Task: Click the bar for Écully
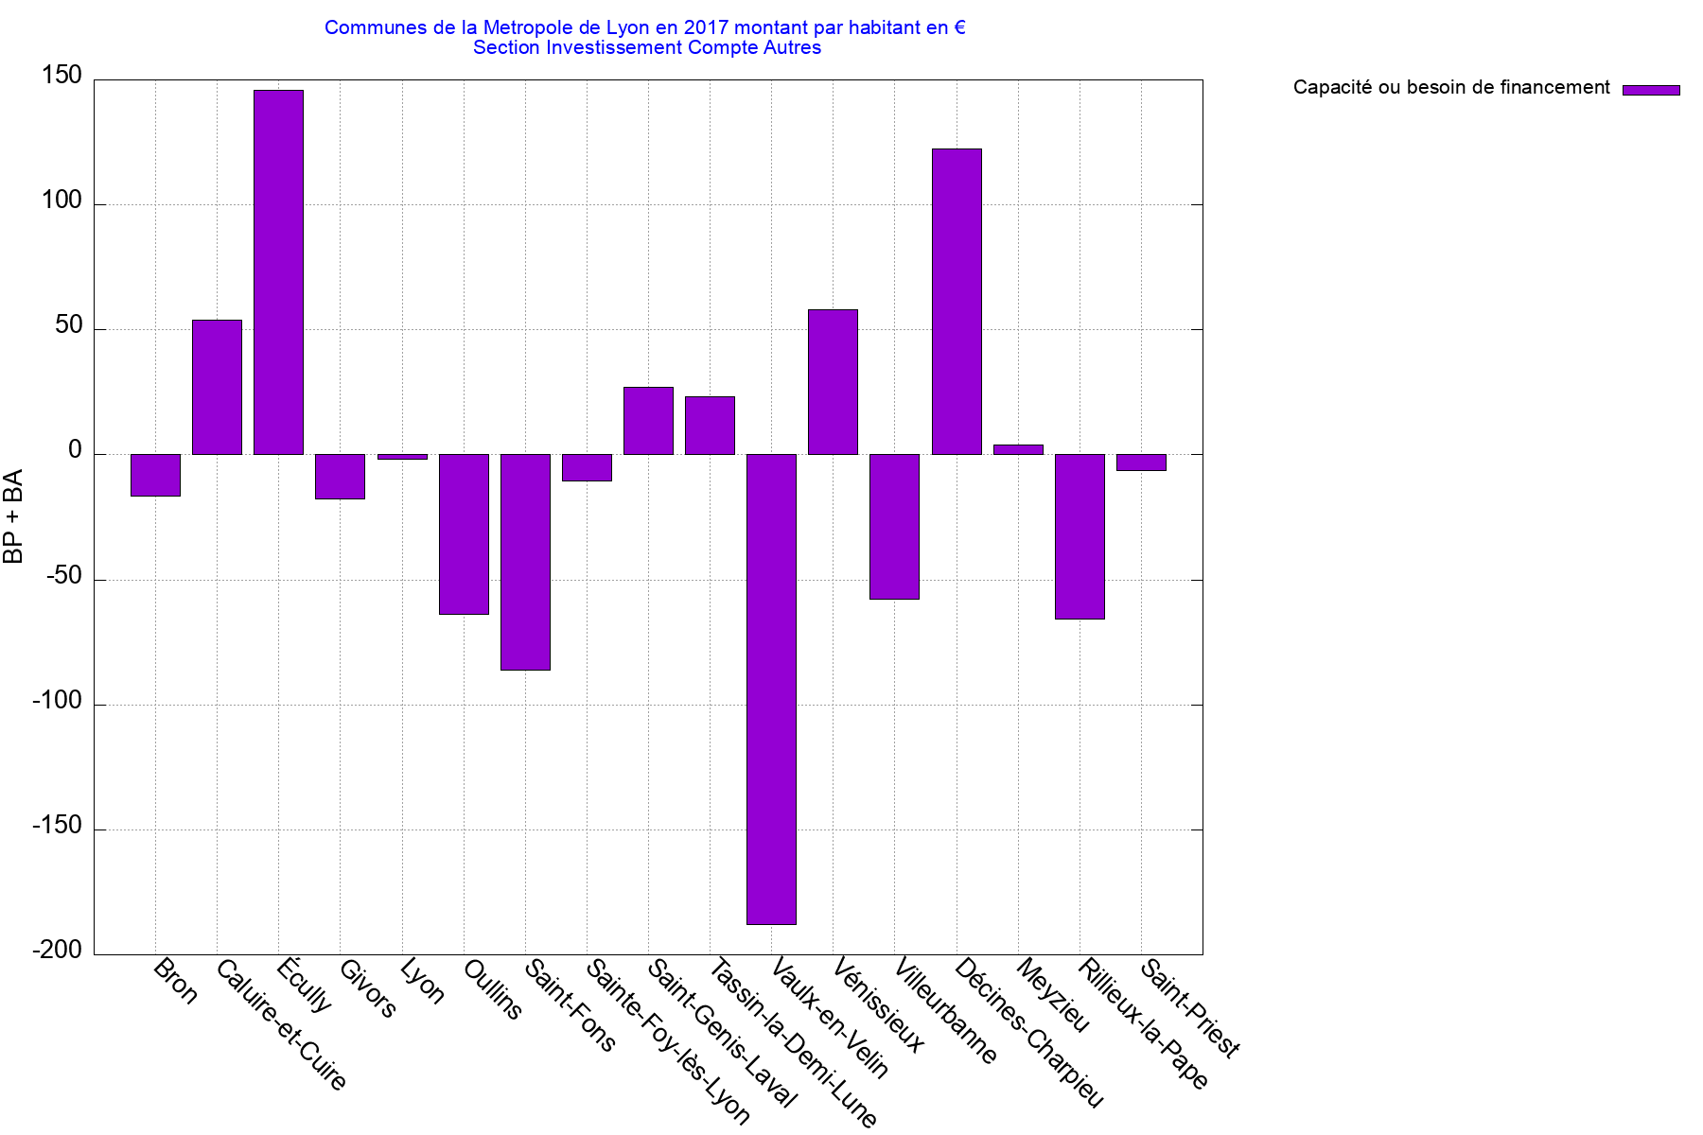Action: (278, 272)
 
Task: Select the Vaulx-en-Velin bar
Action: (771, 689)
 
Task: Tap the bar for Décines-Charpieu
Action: (957, 301)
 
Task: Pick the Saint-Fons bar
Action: (525, 562)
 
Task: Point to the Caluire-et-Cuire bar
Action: (217, 387)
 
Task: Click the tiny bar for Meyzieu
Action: (1018, 449)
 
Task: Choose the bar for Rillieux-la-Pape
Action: (1080, 536)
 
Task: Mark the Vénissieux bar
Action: (833, 382)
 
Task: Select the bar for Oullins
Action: (464, 534)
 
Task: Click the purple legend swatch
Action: (1651, 90)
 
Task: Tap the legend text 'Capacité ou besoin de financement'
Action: (1450, 88)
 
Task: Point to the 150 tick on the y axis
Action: (62, 76)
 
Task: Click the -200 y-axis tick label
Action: (58, 951)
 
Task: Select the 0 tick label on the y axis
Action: (76, 451)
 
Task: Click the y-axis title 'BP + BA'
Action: (13, 516)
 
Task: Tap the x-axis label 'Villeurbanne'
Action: (945, 1011)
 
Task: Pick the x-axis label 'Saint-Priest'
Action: (1190, 1008)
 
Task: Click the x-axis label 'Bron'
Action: (176, 982)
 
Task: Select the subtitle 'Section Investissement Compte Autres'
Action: (647, 47)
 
